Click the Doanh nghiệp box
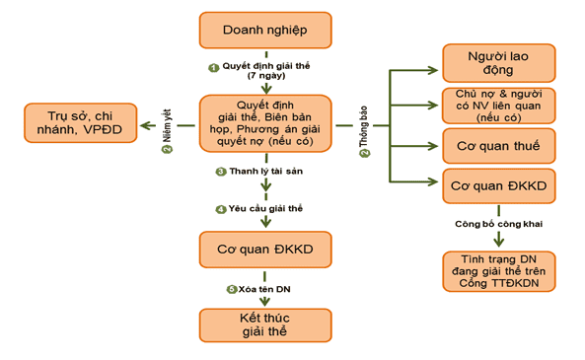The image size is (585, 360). tap(265, 31)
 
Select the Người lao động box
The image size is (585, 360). tap(498, 62)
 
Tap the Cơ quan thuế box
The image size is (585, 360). tap(498, 145)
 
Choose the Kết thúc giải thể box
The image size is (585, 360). tap(263, 326)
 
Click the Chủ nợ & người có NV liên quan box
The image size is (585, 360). tap(498, 104)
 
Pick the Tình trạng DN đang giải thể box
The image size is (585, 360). tap(498, 271)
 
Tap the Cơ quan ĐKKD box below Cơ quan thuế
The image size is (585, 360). tap(498, 185)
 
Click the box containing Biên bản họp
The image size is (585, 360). tap(265, 123)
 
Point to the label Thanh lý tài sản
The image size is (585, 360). tap(266, 171)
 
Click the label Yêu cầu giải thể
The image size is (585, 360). tap(266, 209)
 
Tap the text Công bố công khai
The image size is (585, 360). tap(498, 224)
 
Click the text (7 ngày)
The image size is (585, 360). tap(265, 76)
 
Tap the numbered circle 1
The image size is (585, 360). tap(212, 66)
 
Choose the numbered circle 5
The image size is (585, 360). tap(231, 288)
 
